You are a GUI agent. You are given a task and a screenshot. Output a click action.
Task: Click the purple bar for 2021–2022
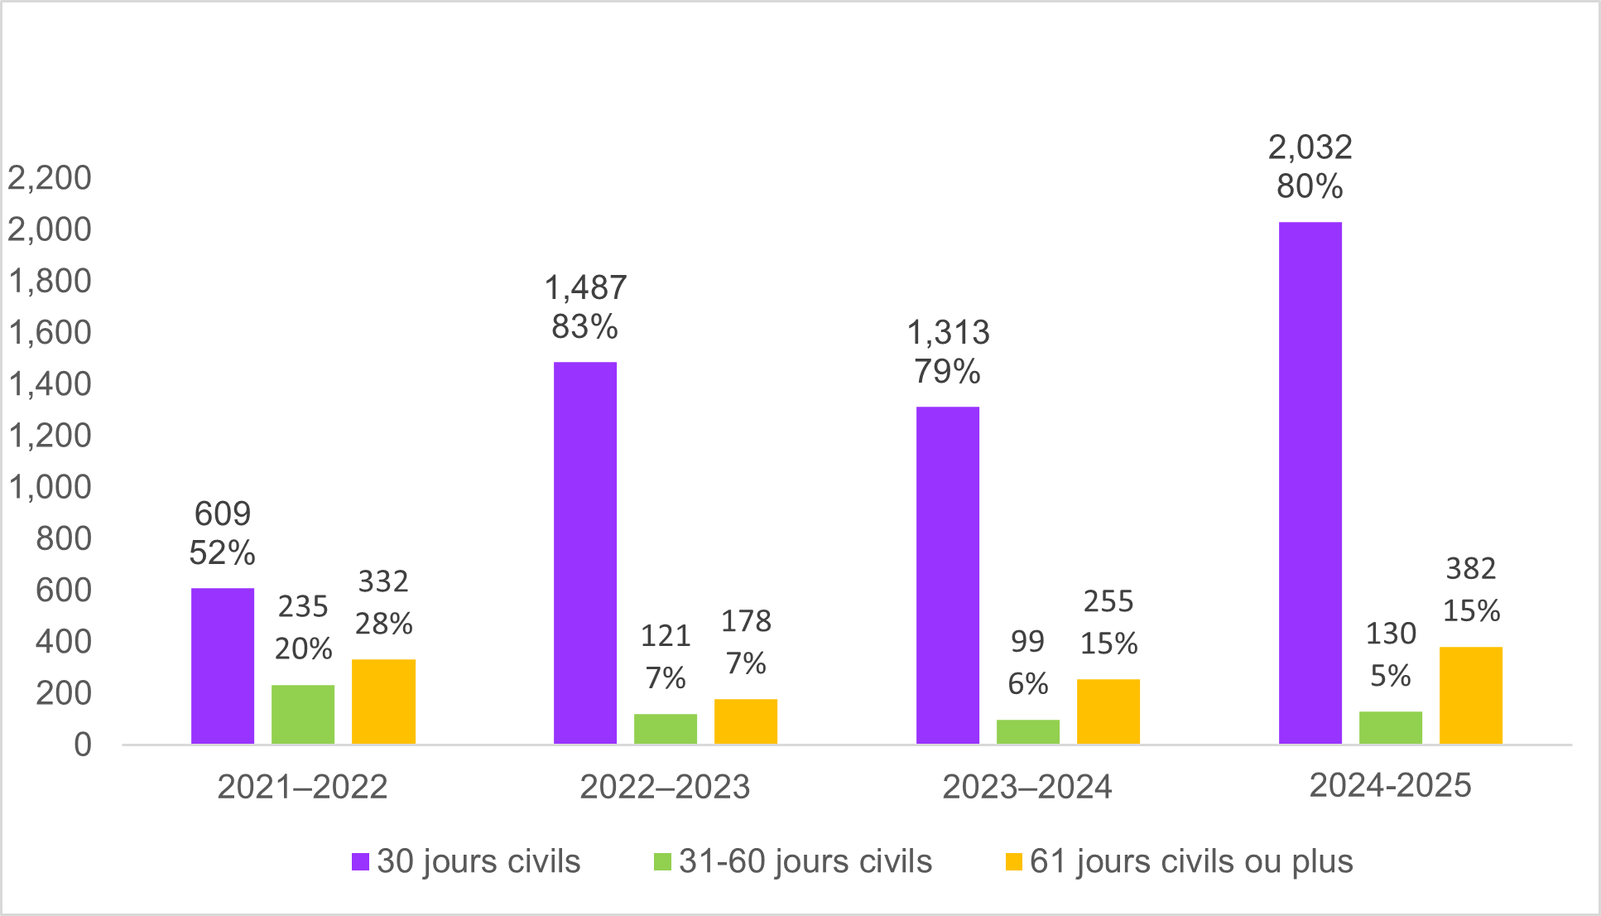point(223,666)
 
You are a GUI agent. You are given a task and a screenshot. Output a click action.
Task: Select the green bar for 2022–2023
point(666,729)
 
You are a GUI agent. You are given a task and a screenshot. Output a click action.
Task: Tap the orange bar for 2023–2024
point(1108,711)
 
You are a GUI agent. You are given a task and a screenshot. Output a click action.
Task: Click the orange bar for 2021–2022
point(383,701)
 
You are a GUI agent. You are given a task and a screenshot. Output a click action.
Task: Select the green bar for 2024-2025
point(1391,727)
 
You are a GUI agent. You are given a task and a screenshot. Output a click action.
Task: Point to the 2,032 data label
point(1310,147)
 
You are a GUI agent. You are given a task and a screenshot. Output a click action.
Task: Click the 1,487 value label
point(585,288)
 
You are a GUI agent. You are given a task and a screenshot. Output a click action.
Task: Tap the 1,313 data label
point(948,333)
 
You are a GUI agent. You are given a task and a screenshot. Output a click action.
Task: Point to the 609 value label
point(223,514)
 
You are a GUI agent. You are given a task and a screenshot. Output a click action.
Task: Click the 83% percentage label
point(584,327)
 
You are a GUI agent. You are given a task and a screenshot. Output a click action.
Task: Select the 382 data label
point(1471,569)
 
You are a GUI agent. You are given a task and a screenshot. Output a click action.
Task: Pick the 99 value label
point(1027,641)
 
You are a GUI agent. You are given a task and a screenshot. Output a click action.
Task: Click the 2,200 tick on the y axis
point(50,178)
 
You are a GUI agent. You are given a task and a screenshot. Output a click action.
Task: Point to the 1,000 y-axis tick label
point(50,487)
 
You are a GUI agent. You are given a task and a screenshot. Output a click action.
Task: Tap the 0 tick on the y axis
point(82,745)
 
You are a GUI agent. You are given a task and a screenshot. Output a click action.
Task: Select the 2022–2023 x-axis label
point(665,787)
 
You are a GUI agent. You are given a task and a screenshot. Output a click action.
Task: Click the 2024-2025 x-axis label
point(1390,785)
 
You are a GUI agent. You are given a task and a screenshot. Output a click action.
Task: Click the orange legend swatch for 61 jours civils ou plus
point(1014,861)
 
